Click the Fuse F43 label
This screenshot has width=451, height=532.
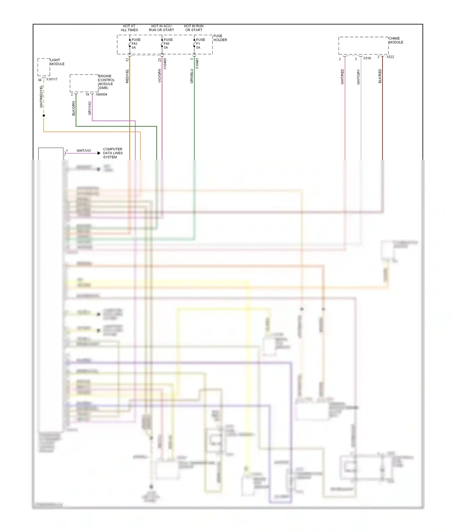[x=136, y=44]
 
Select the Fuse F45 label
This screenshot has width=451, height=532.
[x=168, y=44]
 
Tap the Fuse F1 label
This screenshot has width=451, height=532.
[x=200, y=44]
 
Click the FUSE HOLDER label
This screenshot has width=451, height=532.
[x=220, y=38]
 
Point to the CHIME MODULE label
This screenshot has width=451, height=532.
[x=396, y=40]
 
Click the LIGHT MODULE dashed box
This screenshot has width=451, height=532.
[x=44, y=67]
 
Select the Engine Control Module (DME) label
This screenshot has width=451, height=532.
[x=106, y=82]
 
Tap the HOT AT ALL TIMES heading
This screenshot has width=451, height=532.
[x=129, y=28]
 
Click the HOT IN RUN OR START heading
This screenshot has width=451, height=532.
[x=194, y=28]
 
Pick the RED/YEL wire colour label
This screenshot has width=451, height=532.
[x=127, y=76]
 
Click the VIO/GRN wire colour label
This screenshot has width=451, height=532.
[x=160, y=76]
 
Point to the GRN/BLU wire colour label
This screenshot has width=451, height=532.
[x=192, y=76]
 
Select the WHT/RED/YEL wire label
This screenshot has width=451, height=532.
[x=41, y=96]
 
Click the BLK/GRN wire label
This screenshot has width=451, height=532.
[x=74, y=109]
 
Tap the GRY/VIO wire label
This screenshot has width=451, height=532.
[x=90, y=108]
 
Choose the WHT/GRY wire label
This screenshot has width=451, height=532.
[x=358, y=77]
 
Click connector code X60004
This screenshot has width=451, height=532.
[x=101, y=94]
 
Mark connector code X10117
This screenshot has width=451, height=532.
[x=52, y=79]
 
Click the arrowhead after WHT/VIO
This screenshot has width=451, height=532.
[x=99, y=153]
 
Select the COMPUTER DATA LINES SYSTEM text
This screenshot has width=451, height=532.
[x=113, y=153]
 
